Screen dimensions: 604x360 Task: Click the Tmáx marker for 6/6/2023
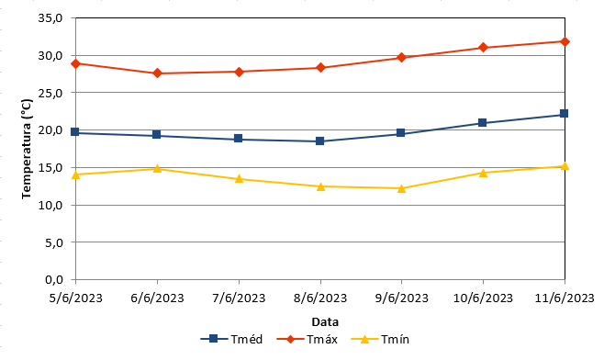coord(157,73)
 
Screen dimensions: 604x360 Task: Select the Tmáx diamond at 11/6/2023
coord(565,41)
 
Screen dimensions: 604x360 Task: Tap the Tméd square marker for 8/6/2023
coord(319,141)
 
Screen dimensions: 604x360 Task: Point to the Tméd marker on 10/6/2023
coord(482,123)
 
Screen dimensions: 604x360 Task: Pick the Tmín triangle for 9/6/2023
coord(401,188)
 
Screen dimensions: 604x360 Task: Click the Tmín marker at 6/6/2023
coord(157,169)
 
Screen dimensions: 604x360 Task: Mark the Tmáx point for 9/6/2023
coord(401,58)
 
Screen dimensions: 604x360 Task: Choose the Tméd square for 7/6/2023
coord(239,139)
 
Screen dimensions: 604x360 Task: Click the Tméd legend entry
coord(231,339)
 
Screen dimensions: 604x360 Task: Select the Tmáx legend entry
coord(307,339)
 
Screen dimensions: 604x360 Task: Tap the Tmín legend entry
coord(380,339)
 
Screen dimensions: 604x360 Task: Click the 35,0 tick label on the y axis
coord(50,18)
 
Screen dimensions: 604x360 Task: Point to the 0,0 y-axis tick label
coord(54,279)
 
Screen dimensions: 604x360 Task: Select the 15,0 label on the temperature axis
coord(50,168)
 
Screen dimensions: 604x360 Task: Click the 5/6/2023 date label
coord(76,298)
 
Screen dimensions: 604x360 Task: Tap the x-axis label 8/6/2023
coord(320,298)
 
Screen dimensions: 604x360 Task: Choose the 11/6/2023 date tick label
coord(565,298)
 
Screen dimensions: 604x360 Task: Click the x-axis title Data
coord(325,321)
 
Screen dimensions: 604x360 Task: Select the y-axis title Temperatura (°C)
coord(27,149)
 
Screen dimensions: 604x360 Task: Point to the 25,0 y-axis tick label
coord(50,93)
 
